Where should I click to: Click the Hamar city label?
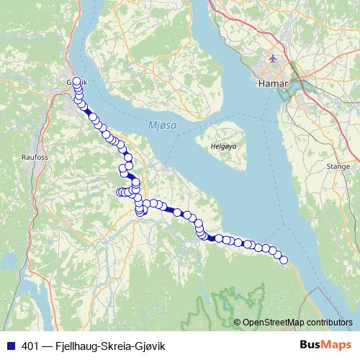point(272,84)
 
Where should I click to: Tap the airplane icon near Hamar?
point(271,58)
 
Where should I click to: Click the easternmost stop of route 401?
point(283,260)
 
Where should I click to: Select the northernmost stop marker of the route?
point(77,81)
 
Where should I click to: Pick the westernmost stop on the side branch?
point(120,192)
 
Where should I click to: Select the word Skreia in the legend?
point(121,345)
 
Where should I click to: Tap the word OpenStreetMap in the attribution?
point(273,322)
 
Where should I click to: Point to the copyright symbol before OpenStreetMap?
point(238,322)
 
